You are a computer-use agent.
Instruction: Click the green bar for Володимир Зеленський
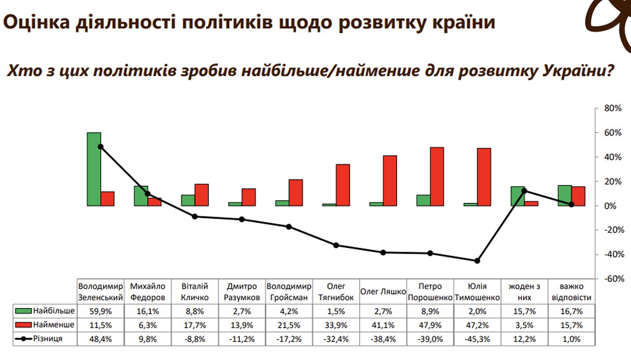tap(94, 169)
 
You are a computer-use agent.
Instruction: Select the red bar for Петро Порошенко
tap(437, 176)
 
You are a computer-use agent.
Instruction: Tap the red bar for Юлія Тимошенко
tap(484, 177)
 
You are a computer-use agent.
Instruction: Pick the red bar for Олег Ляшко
tap(390, 180)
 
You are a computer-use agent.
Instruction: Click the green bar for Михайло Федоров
tap(141, 196)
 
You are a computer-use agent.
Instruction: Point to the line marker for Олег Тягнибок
tap(336, 245)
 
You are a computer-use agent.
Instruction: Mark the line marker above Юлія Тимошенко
tap(477, 261)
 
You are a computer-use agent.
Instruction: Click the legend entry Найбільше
tap(45, 311)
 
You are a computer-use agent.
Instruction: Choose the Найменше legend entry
tap(45, 325)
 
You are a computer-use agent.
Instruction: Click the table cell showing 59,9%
tap(101, 311)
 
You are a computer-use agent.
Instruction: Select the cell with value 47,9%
tap(430, 325)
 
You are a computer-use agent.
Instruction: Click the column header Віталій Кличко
tap(195, 292)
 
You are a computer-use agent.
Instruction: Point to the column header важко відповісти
tap(571, 292)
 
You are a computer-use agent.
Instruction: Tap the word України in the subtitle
tap(577, 71)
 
